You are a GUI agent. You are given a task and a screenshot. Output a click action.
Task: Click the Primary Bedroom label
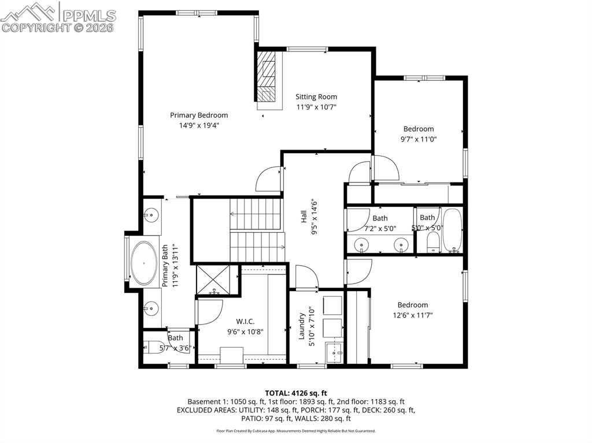(198, 115)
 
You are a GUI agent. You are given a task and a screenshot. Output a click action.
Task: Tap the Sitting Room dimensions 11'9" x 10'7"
(316, 107)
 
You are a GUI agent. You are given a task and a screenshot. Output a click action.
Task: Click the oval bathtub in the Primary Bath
(143, 263)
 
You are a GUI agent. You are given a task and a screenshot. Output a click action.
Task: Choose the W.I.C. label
(245, 321)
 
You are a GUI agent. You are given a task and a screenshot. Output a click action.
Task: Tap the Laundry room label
(302, 326)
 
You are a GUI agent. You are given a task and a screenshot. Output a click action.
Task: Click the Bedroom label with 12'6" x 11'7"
(412, 305)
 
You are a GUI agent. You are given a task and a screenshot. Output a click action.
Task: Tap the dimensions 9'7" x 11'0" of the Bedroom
(419, 139)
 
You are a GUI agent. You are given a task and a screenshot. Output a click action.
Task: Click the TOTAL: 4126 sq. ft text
(295, 393)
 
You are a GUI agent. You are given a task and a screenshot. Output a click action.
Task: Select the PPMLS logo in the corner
(58, 17)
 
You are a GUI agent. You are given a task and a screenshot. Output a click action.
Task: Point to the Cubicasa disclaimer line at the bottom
(295, 431)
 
